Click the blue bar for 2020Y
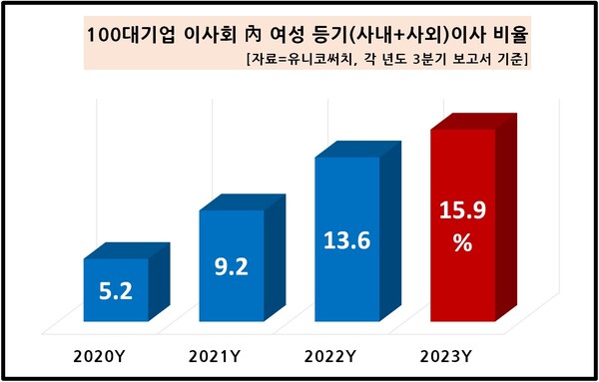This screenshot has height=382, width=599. tap(114, 289)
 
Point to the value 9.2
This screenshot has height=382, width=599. tap(231, 267)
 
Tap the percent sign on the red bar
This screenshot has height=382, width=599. tap(461, 242)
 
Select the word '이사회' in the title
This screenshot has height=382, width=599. tap(203, 36)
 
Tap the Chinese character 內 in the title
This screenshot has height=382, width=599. tap(250, 36)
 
